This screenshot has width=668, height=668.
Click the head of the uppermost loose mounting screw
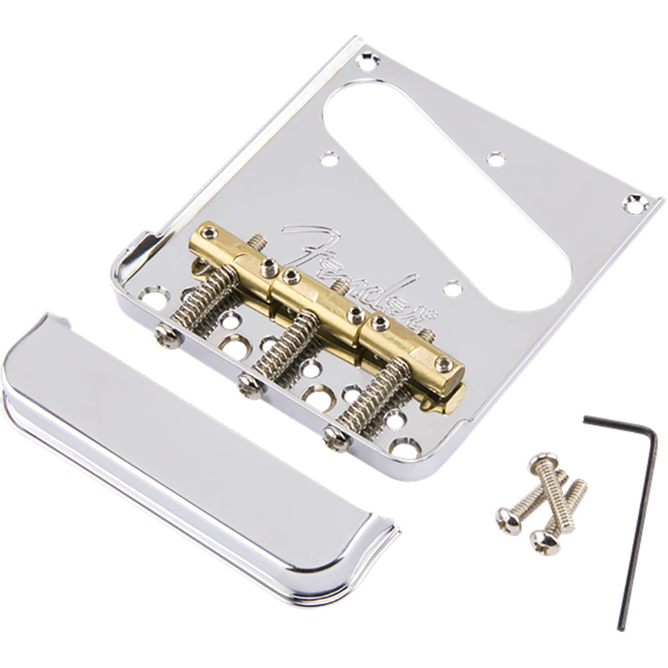tap(542, 460)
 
